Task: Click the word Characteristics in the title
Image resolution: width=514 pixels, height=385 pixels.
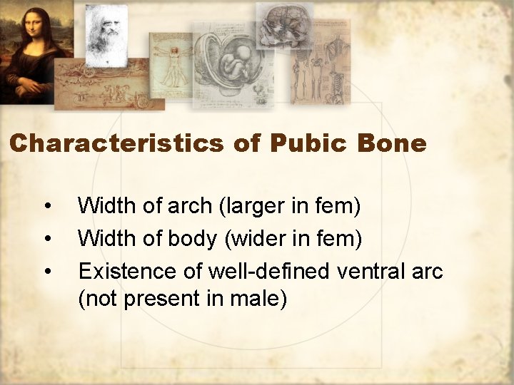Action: (x=117, y=143)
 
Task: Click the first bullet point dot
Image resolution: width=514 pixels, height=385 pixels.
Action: (x=47, y=207)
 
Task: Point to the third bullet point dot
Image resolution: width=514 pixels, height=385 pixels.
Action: (x=47, y=271)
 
